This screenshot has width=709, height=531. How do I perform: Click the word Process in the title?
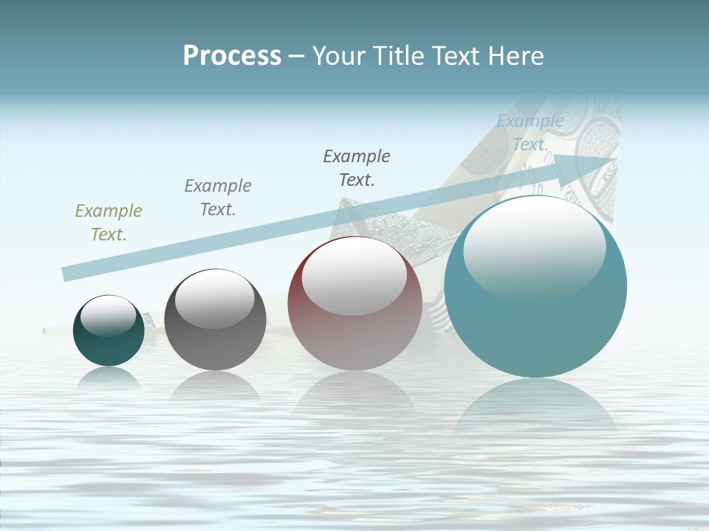pyautogui.click(x=232, y=56)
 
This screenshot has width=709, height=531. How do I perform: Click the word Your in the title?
pyautogui.click(x=340, y=56)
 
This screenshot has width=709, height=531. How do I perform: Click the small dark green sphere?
pyautogui.click(x=109, y=347)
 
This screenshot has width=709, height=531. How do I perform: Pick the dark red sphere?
pyautogui.click(x=354, y=339)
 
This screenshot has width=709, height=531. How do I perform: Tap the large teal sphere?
pyautogui.click(x=535, y=332)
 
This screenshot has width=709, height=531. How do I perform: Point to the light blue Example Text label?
pyautogui.click(x=530, y=133)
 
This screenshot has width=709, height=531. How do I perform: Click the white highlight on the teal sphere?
pyautogui.click(x=534, y=247)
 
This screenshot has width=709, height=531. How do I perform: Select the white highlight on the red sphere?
pyautogui.click(x=354, y=275)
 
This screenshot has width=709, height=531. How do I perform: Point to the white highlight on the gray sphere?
pyautogui.click(x=215, y=298)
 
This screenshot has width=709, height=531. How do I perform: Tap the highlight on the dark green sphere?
pyautogui.click(x=109, y=316)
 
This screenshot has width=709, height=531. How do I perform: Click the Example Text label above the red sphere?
pyautogui.click(x=357, y=168)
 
